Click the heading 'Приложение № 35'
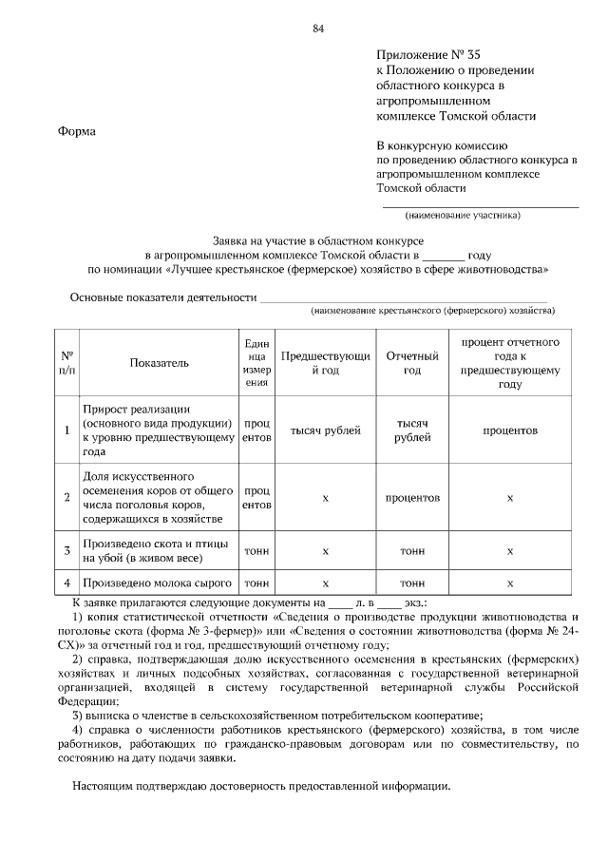tap(435, 55)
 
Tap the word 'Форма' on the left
tap(77, 130)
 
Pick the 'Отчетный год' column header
tap(412, 362)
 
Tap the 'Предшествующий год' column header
tap(326, 362)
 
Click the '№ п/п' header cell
tap(67, 362)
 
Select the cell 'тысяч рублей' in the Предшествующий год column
tap(326, 430)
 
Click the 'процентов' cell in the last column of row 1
tap(509, 430)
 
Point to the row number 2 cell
tap(67, 497)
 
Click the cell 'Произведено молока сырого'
tap(158, 582)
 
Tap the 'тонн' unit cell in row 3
tap(256, 549)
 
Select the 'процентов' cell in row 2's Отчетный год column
tap(412, 497)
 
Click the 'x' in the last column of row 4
tap(509, 582)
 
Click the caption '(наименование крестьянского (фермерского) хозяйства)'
tap(432, 311)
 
